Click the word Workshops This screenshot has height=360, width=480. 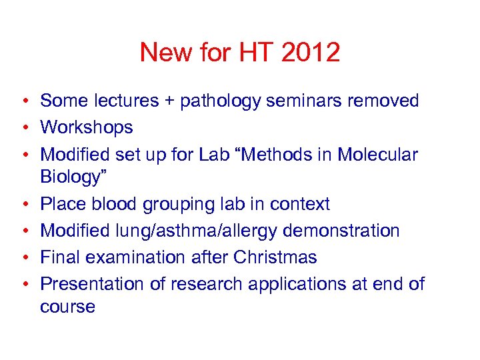click(x=87, y=127)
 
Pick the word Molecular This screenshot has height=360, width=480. click(x=378, y=155)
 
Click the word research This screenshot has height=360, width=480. click(x=201, y=284)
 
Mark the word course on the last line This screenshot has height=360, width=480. click(x=67, y=307)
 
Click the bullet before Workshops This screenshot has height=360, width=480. click(x=23, y=128)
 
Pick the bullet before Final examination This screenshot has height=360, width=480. click(x=23, y=257)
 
